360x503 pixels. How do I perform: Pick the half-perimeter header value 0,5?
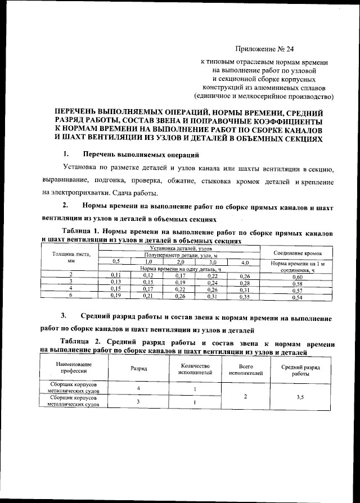[116, 262]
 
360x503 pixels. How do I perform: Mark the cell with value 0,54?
[298, 296]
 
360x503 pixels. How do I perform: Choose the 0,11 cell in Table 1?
[116, 275]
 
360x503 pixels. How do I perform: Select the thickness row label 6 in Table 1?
[71, 296]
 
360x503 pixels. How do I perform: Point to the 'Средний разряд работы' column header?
[300, 370]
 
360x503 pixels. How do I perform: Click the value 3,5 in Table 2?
[300, 397]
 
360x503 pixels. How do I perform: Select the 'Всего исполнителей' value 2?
[243, 397]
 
